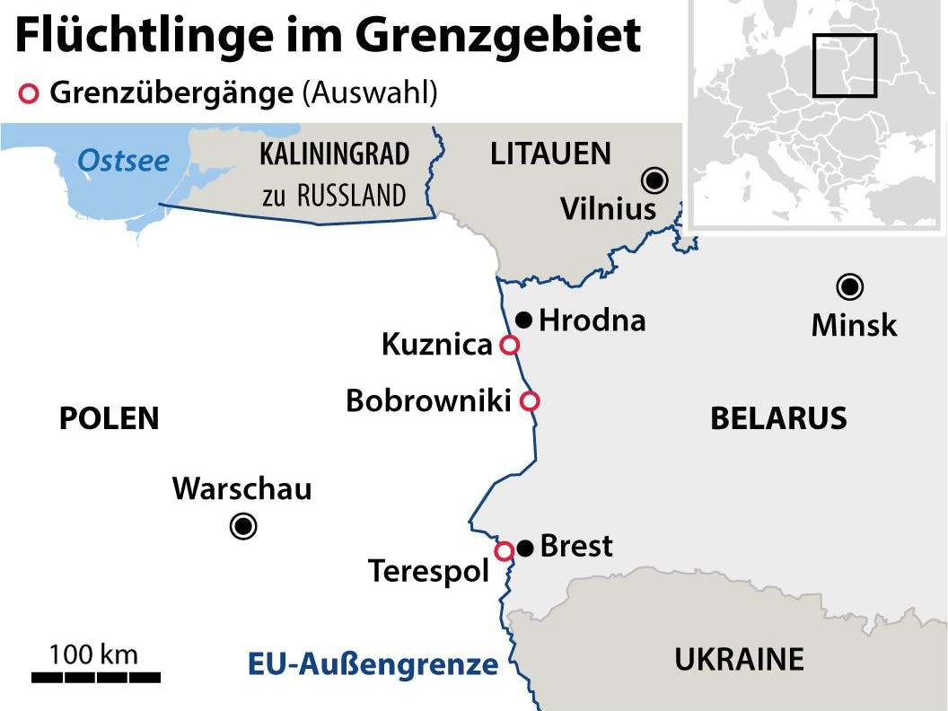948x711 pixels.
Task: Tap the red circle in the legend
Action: [30, 93]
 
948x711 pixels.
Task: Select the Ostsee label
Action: [123, 161]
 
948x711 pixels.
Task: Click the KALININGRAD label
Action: [334, 154]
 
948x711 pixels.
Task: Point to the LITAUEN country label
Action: [550, 154]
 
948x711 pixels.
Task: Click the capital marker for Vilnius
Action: [654, 181]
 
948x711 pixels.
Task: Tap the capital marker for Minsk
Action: [849, 287]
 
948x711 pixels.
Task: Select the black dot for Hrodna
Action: [524, 320]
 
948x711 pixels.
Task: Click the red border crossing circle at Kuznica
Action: [509, 345]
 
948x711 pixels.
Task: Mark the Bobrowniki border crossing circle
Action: [530, 401]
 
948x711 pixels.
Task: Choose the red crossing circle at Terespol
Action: [505, 550]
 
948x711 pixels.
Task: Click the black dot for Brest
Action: [525, 547]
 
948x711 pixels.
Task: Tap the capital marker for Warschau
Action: [243, 526]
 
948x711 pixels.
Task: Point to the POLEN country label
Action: [109, 418]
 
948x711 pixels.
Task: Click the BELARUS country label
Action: [778, 418]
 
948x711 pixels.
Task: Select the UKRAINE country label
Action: [739, 660]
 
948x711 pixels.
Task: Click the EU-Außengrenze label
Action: [373, 664]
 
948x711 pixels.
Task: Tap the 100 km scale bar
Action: [95, 676]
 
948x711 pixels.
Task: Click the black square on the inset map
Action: [844, 65]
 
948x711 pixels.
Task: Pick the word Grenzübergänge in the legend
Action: [171, 93]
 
